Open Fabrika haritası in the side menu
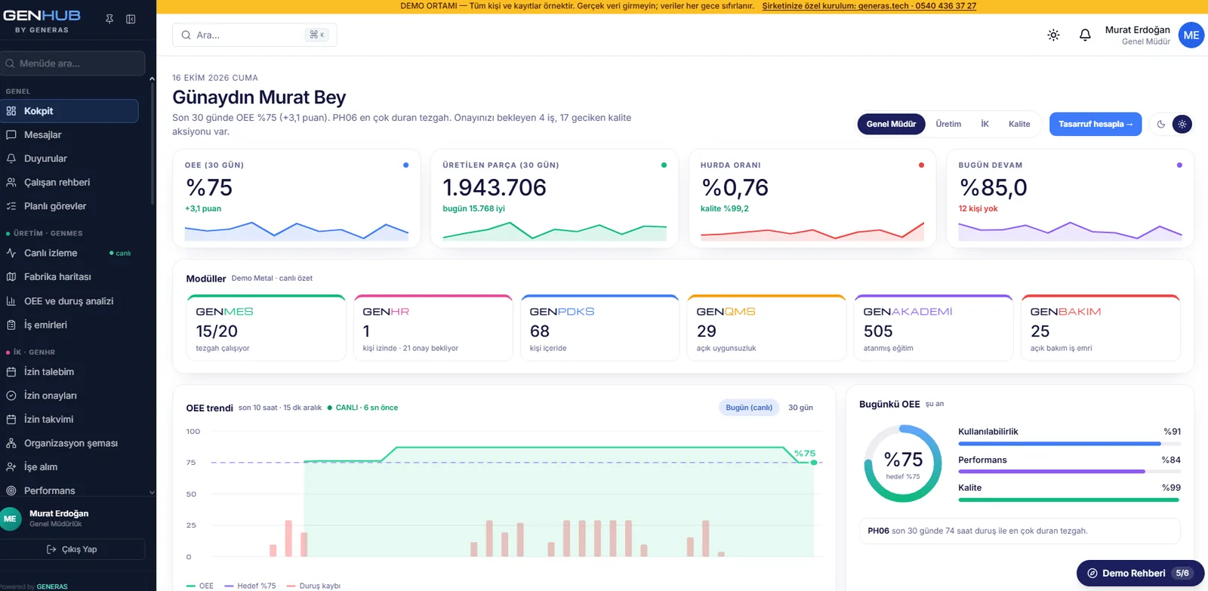(x=57, y=276)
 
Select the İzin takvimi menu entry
(x=48, y=419)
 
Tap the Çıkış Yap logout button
(x=72, y=549)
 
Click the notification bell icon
(x=1085, y=35)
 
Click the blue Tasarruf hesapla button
(x=1096, y=124)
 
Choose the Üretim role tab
(x=948, y=124)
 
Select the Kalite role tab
(x=1019, y=124)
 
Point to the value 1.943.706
(x=495, y=188)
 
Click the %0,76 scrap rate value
(x=735, y=188)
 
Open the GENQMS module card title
(x=726, y=312)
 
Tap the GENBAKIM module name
(x=1065, y=312)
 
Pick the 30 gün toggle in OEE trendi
(x=800, y=408)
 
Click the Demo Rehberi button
(x=1140, y=573)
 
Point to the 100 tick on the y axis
(x=193, y=432)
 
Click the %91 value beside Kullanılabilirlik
(x=1172, y=432)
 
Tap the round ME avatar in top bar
(x=1191, y=35)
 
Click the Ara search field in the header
(x=254, y=35)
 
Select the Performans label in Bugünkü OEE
(x=982, y=460)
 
